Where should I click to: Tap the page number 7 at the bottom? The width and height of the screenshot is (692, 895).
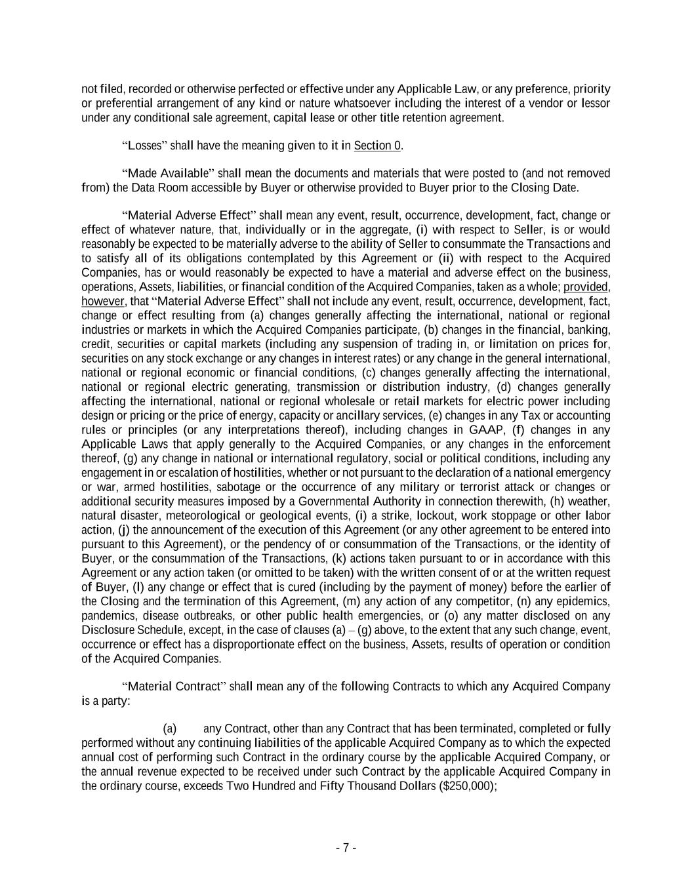346,848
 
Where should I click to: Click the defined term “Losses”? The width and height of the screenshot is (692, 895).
145,146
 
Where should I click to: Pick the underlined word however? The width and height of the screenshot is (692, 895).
103,302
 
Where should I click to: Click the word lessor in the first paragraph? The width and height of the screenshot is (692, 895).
594,104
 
